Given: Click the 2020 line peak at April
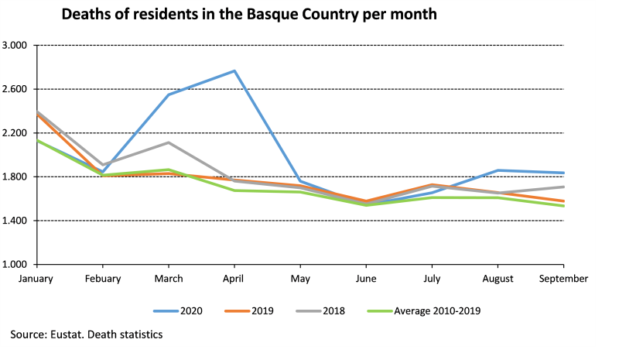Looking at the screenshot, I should [x=234, y=71].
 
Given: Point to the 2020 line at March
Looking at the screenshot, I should [x=169, y=95].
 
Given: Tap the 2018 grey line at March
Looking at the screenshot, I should [x=169, y=142].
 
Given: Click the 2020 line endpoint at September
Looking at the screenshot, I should [x=563, y=173].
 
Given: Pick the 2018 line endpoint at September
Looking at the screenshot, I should [x=563, y=187].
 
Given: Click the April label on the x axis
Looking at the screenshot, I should [x=234, y=277].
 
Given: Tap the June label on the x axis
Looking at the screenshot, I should [x=366, y=277].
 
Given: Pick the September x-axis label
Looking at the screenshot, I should [x=563, y=277].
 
